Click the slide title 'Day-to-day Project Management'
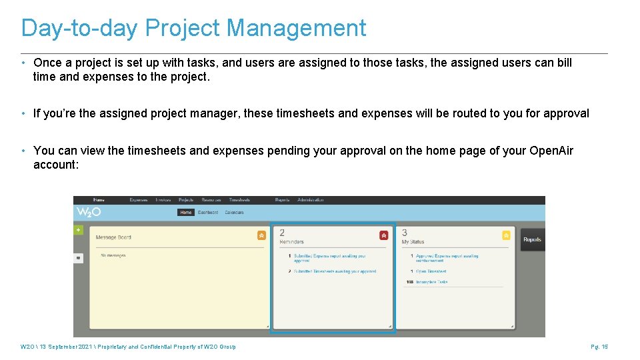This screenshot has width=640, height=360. pos(193,28)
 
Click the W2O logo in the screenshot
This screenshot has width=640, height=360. pos(88,213)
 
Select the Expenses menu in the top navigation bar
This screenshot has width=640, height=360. pos(139,200)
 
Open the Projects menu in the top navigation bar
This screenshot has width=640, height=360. pos(186,200)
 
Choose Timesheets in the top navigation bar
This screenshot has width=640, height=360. pos(239,200)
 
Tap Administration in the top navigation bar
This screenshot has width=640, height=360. pos(310,200)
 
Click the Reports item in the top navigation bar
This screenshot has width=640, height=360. pos(282,200)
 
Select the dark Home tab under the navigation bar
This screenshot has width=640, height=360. pos(186,213)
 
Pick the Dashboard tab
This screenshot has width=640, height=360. pos(208,213)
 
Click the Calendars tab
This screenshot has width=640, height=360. pos(234,213)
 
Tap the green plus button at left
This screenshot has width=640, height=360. pos(78,230)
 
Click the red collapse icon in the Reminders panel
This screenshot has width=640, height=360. pos(383,235)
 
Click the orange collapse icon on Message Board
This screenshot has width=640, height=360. pos(261,235)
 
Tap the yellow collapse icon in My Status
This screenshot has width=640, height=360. pos(506,235)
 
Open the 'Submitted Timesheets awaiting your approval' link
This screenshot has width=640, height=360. pos(335,271)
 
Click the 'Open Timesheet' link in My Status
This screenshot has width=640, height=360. pos(431,271)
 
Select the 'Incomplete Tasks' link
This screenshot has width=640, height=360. pos(431,282)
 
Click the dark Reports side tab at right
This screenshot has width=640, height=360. pos(532,239)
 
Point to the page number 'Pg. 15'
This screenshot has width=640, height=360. pos(599,347)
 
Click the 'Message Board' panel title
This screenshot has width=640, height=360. pos(114,237)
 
